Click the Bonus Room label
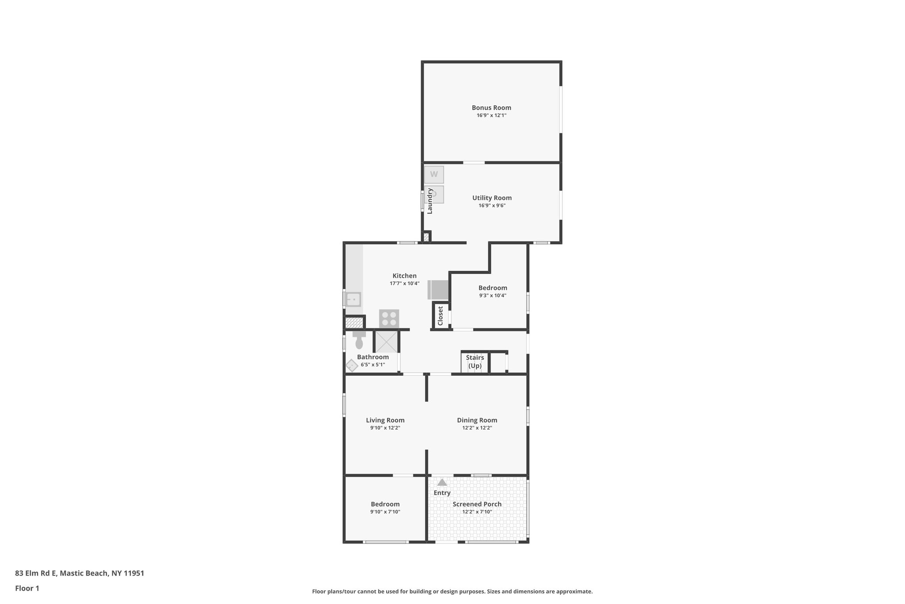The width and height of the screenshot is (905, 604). [491, 108]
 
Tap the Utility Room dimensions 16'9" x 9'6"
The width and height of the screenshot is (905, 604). [492, 205]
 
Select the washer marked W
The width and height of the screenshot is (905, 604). [434, 174]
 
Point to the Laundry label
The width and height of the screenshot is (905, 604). [430, 201]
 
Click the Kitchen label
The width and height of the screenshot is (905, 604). [404, 276]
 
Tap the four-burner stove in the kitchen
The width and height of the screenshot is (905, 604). [389, 319]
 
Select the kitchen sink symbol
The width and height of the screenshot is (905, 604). [353, 300]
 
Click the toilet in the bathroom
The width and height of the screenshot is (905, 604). [359, 341]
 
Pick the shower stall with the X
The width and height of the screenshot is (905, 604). [386, 341]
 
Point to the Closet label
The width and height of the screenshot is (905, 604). [440, 316]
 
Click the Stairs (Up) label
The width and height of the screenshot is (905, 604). [475, 362]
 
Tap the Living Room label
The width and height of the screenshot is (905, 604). [385, 420]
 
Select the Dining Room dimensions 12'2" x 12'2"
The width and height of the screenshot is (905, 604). [477, 428]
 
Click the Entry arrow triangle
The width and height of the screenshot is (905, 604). [442, 482]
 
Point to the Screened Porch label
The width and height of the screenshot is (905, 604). [477, 504]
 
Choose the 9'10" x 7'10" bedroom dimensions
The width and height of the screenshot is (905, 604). [385, 512]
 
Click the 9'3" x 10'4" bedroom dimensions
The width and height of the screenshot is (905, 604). [493, 296]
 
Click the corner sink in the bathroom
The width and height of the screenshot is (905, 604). [352, 366]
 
